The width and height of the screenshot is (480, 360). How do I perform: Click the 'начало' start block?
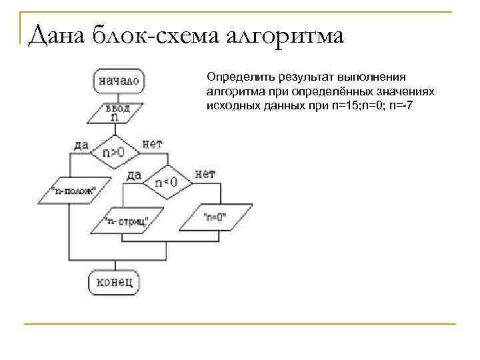coord(119,81)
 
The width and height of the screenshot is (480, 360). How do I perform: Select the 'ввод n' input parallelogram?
coord(116,112)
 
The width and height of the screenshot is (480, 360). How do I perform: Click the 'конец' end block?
coord(115,282)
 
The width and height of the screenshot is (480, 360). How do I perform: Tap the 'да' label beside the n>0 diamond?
coord(81,144)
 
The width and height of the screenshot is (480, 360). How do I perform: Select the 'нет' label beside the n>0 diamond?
coord(153,143)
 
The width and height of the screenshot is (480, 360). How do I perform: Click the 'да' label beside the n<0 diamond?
coord(134,175)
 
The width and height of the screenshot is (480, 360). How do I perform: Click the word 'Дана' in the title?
coord(57,35)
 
